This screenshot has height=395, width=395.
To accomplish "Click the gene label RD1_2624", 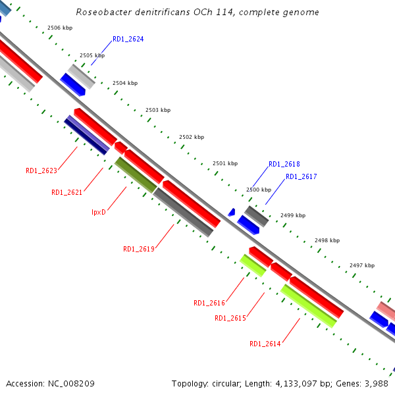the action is tap(128, 39).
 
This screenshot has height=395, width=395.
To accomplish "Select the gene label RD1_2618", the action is tap(284, 165).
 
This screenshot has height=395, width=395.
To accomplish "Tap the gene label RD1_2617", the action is tap(301, 177).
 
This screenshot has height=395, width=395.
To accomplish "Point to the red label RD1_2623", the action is tap(41, 171).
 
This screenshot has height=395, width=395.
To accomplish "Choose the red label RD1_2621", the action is tap(67, 193).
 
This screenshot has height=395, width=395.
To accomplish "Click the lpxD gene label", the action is tap(99, 212).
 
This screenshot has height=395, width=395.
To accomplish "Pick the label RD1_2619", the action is tap(138, 250).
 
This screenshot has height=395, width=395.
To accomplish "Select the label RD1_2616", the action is tap(209, 303).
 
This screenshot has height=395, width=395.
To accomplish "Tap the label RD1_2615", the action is tap(230, 319).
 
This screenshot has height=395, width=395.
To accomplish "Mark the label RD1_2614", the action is tap(265, 344).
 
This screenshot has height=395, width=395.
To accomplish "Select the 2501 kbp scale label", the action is tap(225, 163).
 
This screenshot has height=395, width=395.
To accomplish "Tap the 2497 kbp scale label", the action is tap(362, 265).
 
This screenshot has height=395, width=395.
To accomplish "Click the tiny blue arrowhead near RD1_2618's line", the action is tap(232, 212).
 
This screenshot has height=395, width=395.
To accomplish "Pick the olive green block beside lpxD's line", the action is tap(136, 175).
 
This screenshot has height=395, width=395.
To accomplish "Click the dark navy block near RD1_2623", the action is tap(86, 138).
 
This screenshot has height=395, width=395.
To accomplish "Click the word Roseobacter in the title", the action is tap(98, 12).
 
